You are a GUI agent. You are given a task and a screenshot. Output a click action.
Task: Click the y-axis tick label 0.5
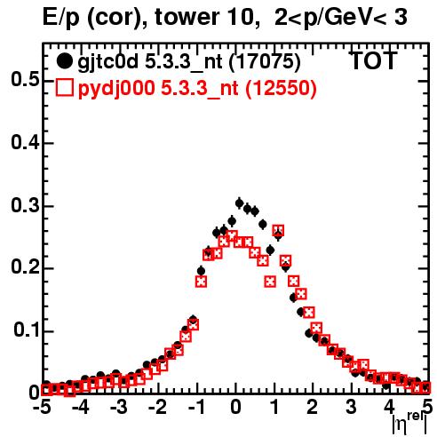[x=25, y=80]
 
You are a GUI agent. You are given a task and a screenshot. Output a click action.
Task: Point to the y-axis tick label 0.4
[x=25, y=143]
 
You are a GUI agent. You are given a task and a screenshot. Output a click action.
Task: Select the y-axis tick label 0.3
[x=25, y=205]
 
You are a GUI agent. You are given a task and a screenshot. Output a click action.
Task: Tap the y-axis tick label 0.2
[x=25, y=267]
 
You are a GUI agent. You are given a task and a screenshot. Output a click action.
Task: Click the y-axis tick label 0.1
[x=27, y=330]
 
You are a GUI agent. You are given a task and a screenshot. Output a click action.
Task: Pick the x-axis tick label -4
[x=81, y=407]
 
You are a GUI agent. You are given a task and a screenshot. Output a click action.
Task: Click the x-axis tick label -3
[x=119, y=407]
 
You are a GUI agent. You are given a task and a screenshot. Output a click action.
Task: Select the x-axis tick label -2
[x=158, y=407]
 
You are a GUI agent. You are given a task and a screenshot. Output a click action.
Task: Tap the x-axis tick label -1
[x=196, y=407]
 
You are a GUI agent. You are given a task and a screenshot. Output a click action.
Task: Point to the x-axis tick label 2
[x=313, y=407]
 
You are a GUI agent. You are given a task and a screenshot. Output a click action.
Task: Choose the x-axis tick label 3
[x=351, y=407]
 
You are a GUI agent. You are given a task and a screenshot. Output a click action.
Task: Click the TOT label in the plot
[x=374, y=60]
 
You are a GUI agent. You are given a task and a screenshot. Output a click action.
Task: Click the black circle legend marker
[x=64, y=61]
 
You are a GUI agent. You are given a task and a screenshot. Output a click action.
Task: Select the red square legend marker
[x=64, y=88]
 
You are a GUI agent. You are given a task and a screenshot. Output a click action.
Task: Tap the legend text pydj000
[x=116, y=89]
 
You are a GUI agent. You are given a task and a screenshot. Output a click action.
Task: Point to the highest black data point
[x=239, y=203]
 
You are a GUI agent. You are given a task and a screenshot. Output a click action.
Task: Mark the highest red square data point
[x=278, y=230]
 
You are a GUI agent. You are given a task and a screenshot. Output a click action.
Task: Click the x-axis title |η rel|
[x=410, y=424]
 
